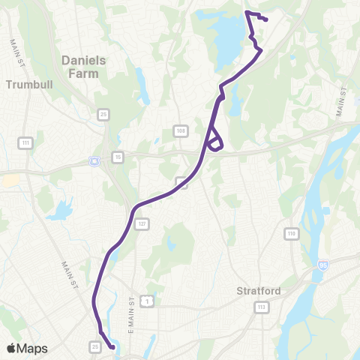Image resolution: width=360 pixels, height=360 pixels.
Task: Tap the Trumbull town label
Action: click(26, 85)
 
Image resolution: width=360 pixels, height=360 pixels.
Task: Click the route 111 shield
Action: click(26, 142)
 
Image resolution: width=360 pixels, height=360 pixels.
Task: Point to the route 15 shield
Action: click(118, 157)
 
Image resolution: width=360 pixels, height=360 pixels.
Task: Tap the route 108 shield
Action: click(181, 130)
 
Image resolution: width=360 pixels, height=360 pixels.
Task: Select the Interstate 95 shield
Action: click(322, 265)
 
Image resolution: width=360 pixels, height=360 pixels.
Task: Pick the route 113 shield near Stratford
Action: click(262, 307)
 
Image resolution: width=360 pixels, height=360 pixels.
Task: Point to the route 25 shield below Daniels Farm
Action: click(103, 114)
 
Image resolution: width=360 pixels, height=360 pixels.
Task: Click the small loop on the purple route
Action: click(214, 140)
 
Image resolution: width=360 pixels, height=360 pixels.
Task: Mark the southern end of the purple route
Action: click(112, 347)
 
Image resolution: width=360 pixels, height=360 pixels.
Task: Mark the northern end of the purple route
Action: click(266, 19)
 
